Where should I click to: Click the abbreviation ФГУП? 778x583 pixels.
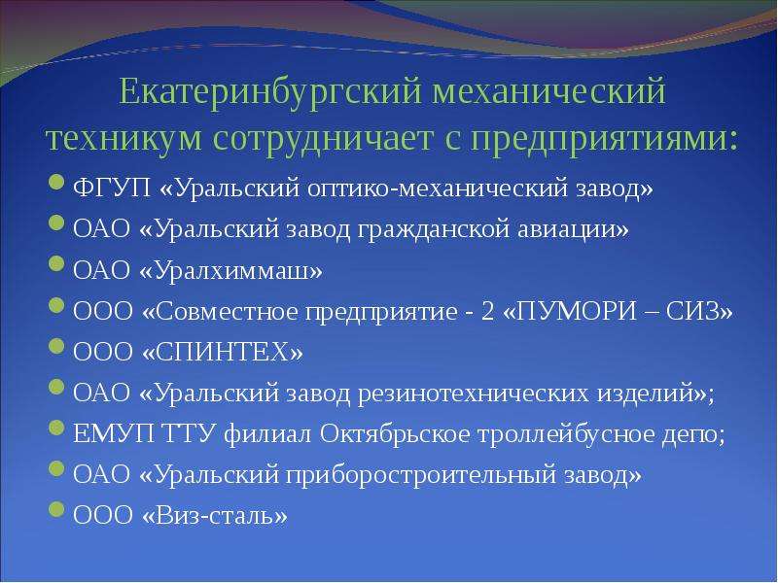click(112, 189)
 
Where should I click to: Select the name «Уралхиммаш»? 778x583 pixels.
click(231, 271)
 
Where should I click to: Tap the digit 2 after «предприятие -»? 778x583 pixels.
click(487, 312)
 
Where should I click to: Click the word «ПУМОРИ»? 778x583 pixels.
click(576, 312)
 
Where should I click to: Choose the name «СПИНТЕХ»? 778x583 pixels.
click(223, 353)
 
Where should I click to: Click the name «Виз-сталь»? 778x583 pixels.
click(215, 516)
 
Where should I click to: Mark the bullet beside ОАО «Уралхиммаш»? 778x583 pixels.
click(57, 263)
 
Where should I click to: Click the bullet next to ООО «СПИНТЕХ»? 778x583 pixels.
click(57, 346)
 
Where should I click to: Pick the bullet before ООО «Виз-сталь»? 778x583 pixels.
click(57, 509)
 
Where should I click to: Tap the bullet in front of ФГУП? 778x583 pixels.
click(57, 182)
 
